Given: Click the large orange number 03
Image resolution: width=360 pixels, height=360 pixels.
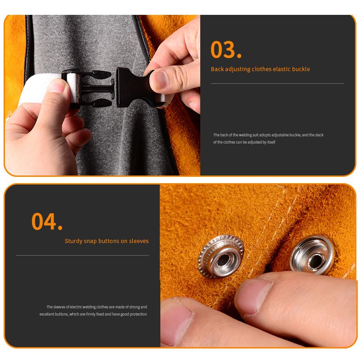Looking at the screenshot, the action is [x=226, y=49].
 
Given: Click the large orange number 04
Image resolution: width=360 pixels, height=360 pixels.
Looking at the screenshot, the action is [x=47, y=221].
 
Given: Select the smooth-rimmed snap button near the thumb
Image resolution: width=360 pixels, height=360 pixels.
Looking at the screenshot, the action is [x=313, y=255].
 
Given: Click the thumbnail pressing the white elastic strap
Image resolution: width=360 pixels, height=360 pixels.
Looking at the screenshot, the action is [x=56, y=85].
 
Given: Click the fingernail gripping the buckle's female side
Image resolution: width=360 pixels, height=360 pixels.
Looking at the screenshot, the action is [x=160, y=79].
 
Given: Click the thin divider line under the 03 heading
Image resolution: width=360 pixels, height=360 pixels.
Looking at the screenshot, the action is [x=278, y=84].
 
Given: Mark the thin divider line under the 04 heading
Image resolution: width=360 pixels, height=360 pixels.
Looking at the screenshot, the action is [x=82, y=255].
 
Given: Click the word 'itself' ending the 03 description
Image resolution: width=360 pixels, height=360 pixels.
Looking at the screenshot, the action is [x=271, y=142].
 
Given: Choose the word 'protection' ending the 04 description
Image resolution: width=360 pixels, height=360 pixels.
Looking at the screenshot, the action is [x=139, y=314].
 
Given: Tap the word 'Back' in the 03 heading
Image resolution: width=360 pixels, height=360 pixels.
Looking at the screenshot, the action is [x=217, y=69].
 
